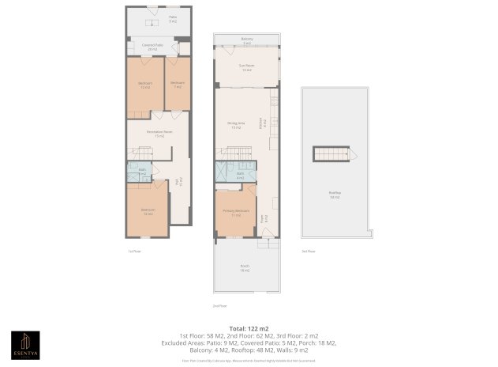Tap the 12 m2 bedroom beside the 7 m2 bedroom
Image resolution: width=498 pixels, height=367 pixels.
click(x=145, y=85)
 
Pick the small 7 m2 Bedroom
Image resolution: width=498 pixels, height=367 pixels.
click(x=177, y=85)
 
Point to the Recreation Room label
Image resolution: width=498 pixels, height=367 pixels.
click(x=159, y=134)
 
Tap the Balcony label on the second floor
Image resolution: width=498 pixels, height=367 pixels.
click(x=246, y=40)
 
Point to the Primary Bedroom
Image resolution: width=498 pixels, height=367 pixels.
click(x=237, y=212)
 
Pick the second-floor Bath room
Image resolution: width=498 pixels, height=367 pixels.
click(x=240, y=174)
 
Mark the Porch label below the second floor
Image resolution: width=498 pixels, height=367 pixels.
click(x=245, y=268)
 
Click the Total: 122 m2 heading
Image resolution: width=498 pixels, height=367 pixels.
click(x=249, y=327)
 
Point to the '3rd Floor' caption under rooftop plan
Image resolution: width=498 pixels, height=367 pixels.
click(x=308, y=251)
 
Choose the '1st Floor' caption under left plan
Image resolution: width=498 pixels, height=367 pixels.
click(x=134, y=251)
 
